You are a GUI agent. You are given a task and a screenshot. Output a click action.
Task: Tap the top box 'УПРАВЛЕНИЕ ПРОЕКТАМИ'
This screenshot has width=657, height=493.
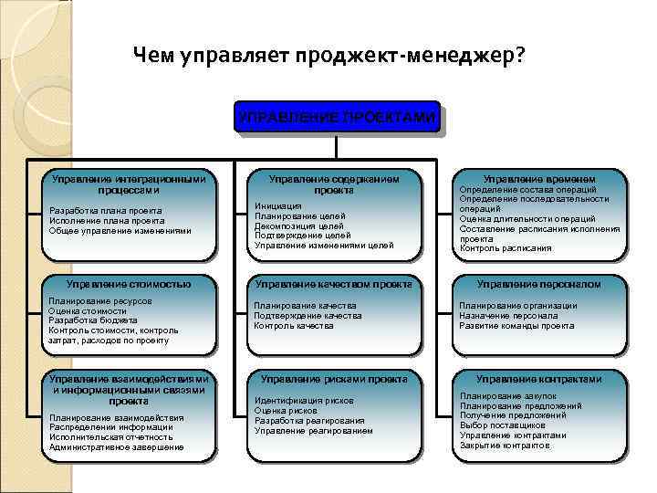(337, 118)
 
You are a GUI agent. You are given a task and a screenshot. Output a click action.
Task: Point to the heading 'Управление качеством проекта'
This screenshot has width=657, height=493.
(333, 284)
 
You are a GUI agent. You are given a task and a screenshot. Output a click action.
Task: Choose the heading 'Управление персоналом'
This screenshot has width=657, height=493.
(539, 284)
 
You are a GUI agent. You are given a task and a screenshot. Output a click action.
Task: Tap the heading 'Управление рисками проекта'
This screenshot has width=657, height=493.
(333, 378)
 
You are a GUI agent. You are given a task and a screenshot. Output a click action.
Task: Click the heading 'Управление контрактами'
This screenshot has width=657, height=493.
(539, 379)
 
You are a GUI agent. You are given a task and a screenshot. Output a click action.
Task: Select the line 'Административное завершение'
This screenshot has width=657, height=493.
(116, 447)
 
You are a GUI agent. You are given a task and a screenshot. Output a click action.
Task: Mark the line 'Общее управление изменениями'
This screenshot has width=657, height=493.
(119, 230)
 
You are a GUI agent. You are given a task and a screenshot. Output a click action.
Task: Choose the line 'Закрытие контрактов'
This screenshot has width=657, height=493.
(506, 446)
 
